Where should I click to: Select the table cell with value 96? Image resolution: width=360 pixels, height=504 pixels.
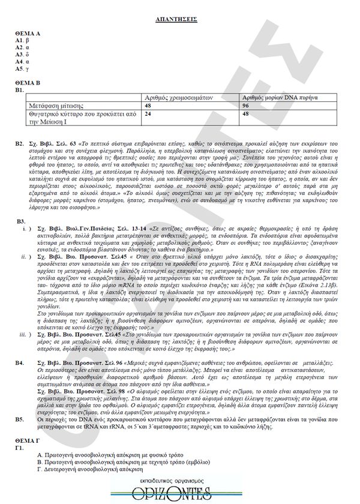point(246,105)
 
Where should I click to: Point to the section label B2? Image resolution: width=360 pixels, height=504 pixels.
point(20,145)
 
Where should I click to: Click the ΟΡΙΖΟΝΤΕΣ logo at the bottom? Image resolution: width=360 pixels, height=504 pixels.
point(180,494)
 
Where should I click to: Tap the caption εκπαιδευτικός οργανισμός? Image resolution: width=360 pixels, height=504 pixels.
point(180,482)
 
